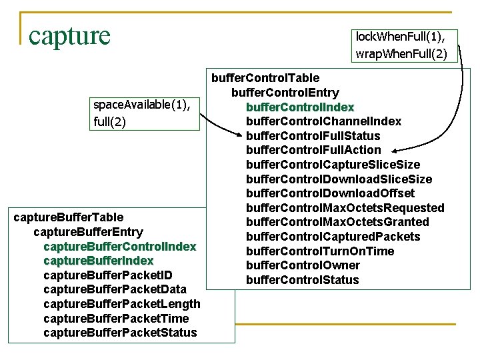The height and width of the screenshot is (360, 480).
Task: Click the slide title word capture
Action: [69, 35]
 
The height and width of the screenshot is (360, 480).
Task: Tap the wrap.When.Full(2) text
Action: [401, 53]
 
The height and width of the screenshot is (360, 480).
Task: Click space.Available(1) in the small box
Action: [146, 105]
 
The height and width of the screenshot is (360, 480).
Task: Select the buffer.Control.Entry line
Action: [285, 93]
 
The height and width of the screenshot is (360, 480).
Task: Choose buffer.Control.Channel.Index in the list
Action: [323, 121]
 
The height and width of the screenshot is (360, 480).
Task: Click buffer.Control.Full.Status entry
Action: [313, 136]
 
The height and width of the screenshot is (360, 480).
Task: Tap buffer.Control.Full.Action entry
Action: [313, 150]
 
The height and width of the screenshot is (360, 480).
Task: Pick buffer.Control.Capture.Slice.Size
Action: [333, 165]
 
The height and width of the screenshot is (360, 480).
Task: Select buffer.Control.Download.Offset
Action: [330, 193]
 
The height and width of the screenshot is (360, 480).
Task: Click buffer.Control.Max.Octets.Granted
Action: [337, 222]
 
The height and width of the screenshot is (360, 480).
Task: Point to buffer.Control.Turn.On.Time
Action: [320, 251]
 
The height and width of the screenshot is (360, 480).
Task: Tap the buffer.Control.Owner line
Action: [303, 265]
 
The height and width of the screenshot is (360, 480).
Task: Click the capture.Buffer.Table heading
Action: [69, 217]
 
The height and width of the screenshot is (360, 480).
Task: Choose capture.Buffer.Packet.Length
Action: [121, 304]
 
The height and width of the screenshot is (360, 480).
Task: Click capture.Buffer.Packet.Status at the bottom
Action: [120, 332]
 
